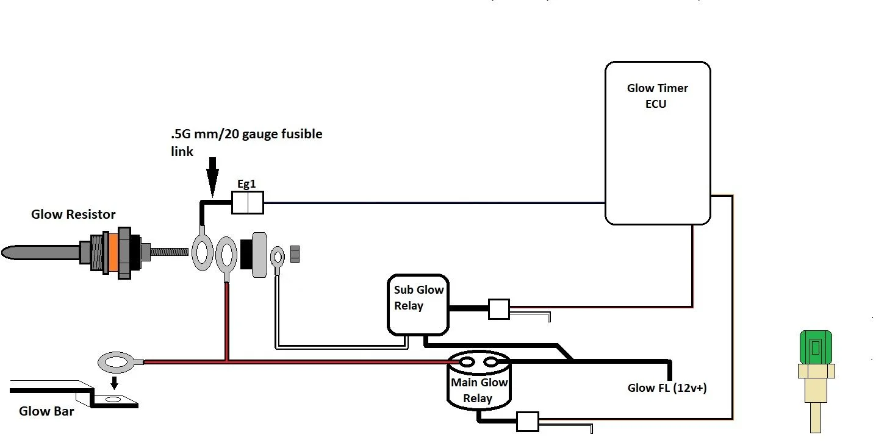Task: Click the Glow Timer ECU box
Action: point(657,143)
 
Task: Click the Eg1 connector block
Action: point(247,202)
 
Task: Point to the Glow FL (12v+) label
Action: point(667,388)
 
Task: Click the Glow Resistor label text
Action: point(73,214)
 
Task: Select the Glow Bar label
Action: point(46,411)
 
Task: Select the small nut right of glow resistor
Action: point(295,253)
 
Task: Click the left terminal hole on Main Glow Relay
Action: point(467,363)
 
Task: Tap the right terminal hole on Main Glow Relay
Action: point(491,363)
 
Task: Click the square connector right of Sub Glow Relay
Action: point(498,310)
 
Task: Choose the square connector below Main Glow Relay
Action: point(527,422)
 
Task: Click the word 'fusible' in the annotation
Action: point(300,133)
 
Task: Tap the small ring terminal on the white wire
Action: point(278,253)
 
